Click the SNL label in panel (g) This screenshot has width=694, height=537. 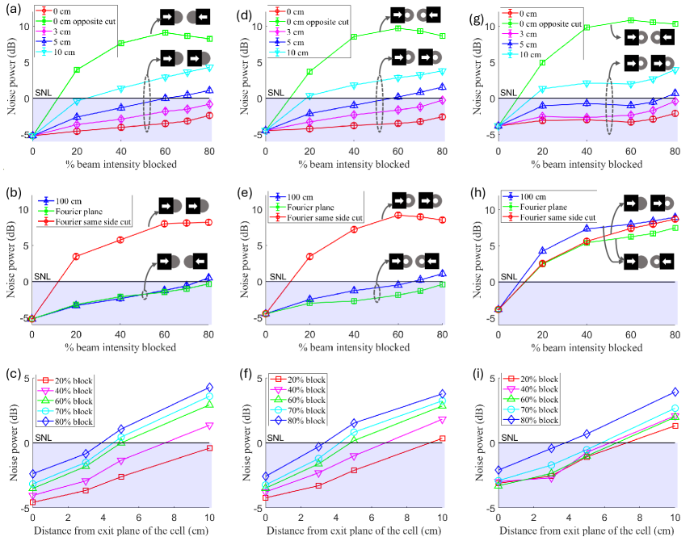coord(507,93)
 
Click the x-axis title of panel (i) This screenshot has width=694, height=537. coord(587,530)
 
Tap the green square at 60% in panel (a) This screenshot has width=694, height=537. coord(165,32)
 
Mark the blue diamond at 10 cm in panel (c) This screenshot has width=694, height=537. coord(209,388)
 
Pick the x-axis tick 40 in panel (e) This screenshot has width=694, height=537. coord(354,335)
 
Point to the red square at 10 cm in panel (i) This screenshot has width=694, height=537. coord(675,426)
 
